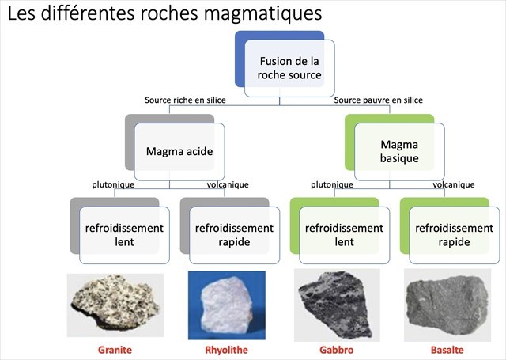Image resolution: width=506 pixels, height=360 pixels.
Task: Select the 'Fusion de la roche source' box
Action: [x=289, y=67]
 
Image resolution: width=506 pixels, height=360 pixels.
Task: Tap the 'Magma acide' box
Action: [x=179, y=150]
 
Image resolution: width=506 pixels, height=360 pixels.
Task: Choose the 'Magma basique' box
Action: [x=398, y=150]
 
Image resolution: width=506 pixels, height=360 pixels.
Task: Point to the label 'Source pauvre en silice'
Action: [x=378, y=100]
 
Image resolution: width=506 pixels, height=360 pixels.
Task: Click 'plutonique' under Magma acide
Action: [x=114, y=185]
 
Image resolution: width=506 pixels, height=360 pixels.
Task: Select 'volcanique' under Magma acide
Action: [x=228, y=185]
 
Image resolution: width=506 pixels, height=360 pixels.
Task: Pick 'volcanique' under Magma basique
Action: [x=454, y=185]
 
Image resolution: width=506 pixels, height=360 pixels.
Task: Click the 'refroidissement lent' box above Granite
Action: [x=124, y=234]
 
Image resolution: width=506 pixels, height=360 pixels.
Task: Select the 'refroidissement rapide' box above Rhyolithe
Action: [x=234, y=234]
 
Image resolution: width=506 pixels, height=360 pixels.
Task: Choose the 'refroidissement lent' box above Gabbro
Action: [x=345, y=234]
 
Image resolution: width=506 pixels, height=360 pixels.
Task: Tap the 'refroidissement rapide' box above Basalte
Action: [x=455, y=234]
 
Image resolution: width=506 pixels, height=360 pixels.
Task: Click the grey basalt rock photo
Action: [x=447, y=304]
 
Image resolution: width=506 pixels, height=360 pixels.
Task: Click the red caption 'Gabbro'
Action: [x=337, y=350]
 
